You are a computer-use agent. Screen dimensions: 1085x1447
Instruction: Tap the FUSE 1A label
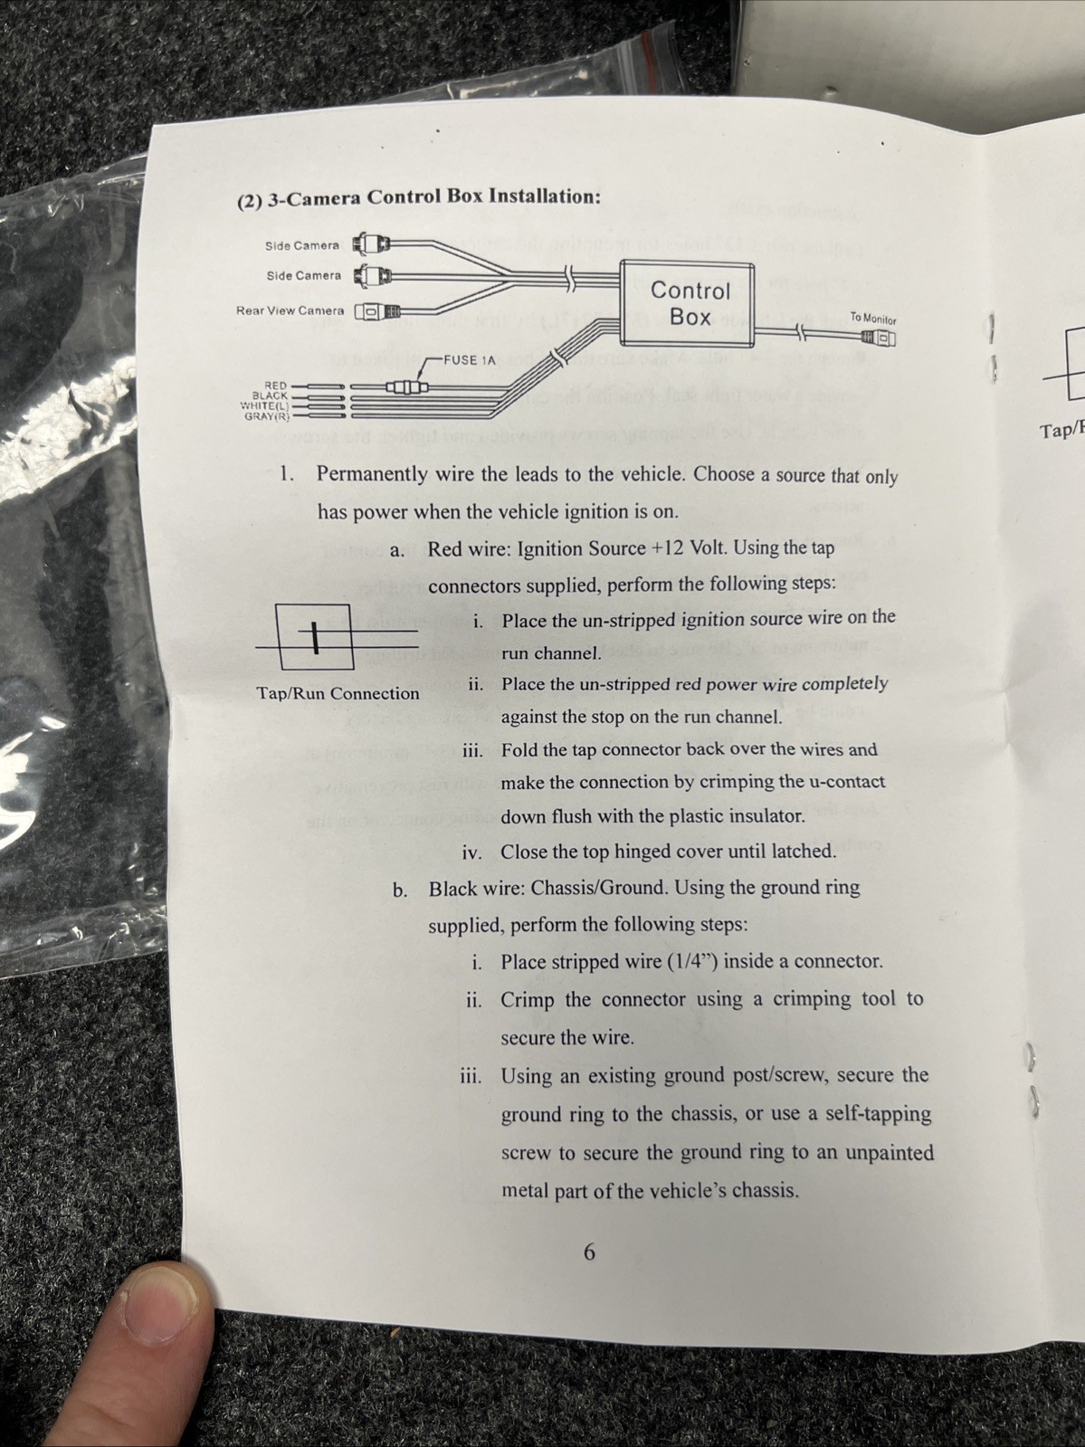470,360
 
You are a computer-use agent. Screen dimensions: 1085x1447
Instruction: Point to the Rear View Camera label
290,309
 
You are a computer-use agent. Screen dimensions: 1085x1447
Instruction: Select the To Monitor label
872,319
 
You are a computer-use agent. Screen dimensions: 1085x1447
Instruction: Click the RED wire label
275,385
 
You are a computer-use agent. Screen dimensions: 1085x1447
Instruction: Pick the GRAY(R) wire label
267,416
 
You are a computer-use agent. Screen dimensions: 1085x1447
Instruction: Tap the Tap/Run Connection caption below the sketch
338,693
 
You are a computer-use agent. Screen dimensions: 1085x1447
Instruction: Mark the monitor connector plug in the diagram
879,339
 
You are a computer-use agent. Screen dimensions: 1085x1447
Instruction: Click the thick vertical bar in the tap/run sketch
317,637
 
